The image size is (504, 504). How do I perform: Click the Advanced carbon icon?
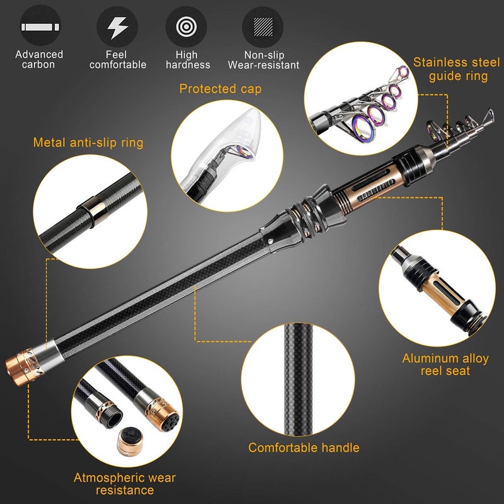[39, 27]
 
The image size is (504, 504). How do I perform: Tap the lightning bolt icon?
[117, 27]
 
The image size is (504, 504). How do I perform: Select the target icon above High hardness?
[186, 27]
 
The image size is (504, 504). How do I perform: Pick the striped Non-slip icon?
[263, 27]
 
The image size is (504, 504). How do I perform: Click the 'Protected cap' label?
[220, 89]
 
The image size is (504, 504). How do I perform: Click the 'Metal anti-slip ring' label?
[88, 143]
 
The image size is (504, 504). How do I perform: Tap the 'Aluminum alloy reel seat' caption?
[445, 365]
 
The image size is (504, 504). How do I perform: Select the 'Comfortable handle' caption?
[304, 448]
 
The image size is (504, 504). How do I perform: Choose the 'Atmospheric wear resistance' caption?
[124, 483]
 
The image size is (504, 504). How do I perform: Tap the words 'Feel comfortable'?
[118, 60]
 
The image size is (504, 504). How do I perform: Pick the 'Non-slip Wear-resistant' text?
[263, 60]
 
